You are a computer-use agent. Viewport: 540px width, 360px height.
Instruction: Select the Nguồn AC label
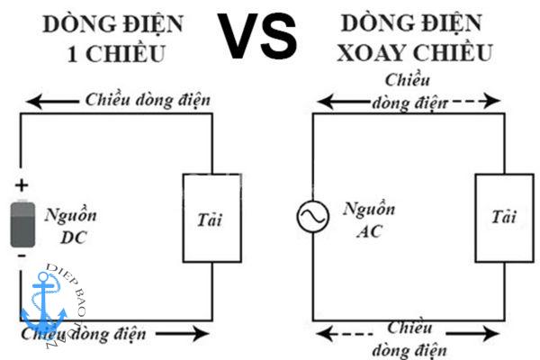363,220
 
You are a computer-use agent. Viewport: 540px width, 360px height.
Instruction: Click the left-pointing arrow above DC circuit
49,100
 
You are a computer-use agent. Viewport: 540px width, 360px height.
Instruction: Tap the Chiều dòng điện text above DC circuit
148,98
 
